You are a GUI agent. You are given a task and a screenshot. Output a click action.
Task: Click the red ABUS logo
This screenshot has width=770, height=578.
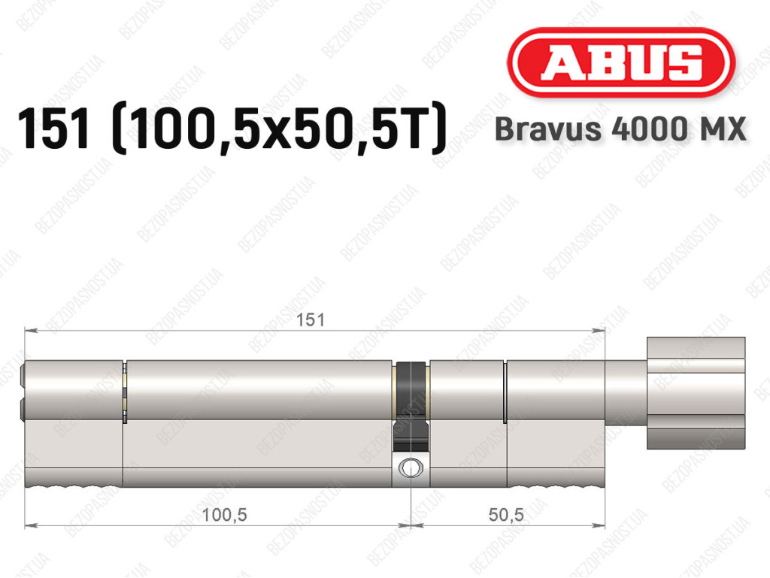(x=620, y=62)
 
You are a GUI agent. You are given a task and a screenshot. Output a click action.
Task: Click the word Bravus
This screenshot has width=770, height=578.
(x=548, y=129)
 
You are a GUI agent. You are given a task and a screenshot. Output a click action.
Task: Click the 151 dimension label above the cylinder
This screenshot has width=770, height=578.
(x=311, y=320)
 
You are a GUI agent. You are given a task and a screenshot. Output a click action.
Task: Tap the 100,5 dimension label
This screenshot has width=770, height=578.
(x=224, y=515)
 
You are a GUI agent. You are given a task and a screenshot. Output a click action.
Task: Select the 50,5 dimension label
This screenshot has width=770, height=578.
(x=506, y=515)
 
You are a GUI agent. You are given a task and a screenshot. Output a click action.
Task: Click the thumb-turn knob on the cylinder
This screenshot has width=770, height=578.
(x=696, y=393)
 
